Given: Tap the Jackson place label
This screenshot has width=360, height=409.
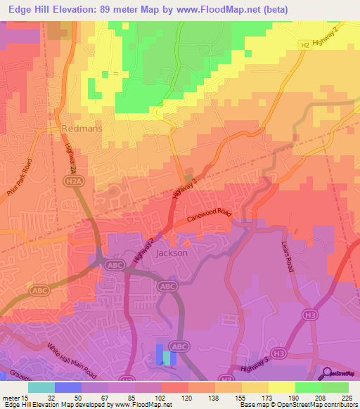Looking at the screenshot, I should (x=172, y=252).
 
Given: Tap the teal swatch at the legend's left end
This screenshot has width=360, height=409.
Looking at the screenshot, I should (x=41, y=387).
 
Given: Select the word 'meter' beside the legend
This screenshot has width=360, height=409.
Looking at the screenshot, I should (x=11, y=397).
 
